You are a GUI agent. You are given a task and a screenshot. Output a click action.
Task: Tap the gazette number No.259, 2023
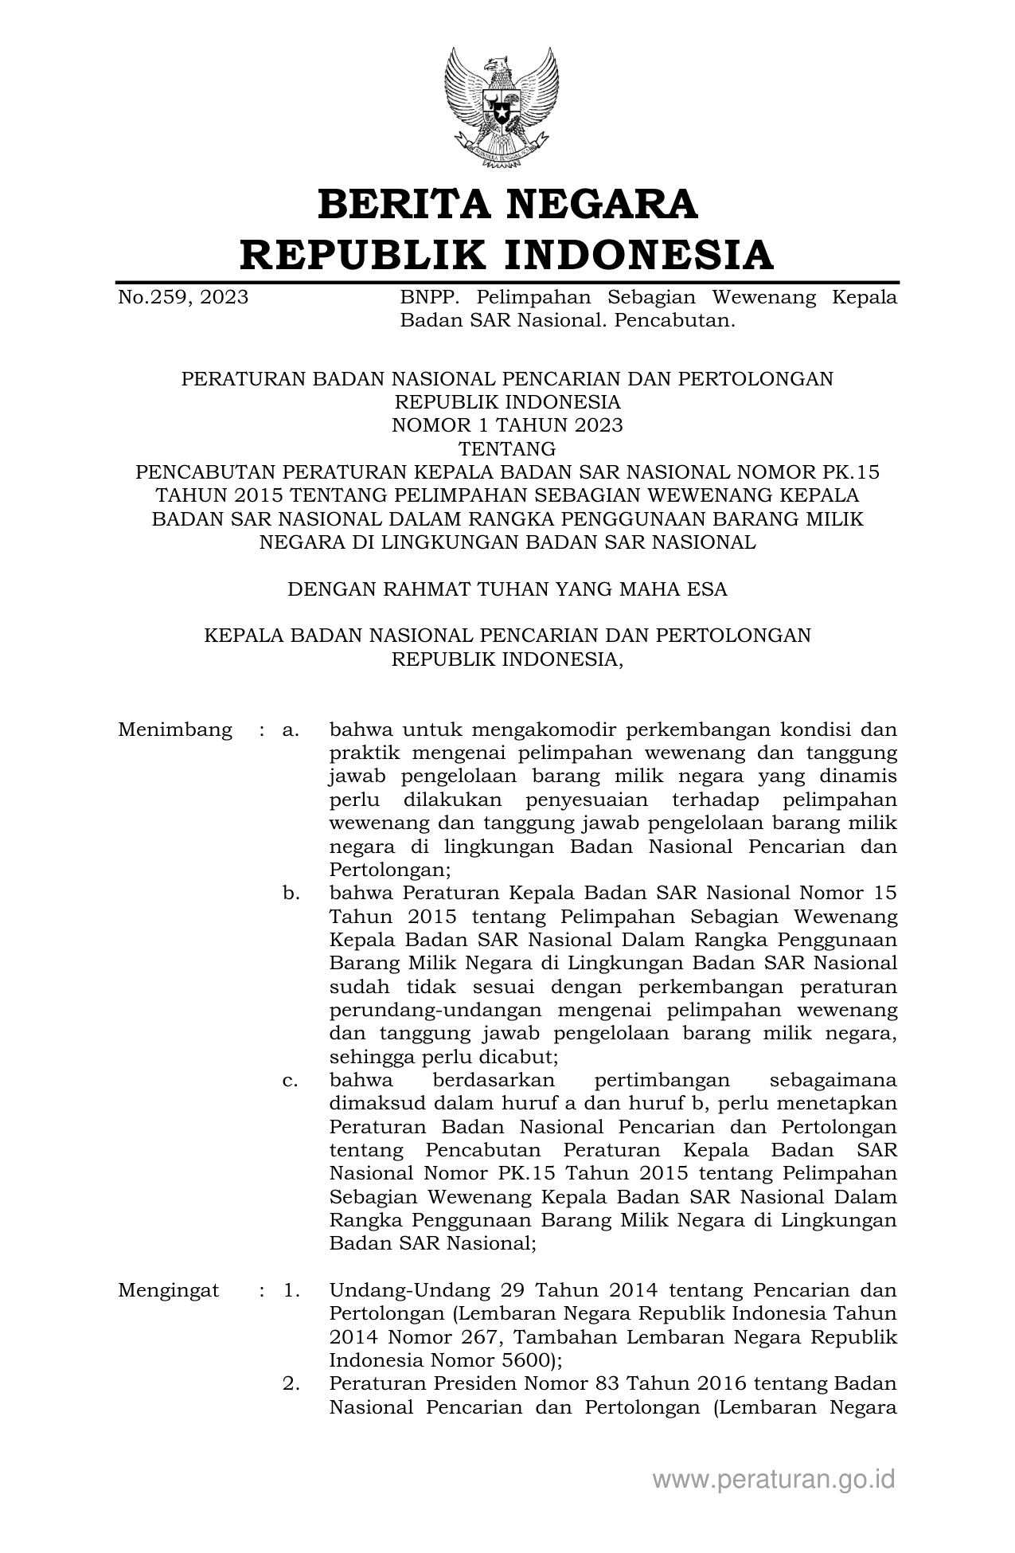tap(183, 298)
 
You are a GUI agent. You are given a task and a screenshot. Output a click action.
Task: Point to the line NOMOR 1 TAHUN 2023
tap(507, 425)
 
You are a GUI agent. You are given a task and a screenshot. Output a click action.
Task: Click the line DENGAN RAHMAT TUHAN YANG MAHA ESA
tap(507, 589)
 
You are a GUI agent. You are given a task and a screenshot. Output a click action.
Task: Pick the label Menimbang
tap(175, 730)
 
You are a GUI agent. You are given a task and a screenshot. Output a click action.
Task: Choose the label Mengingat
tap(169, 1290)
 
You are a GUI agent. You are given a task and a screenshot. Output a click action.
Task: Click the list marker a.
tap(291, 730)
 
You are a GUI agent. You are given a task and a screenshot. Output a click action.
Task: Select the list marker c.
tap(291, 1081)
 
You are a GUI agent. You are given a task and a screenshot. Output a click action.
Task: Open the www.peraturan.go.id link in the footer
tap(774, 1479)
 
